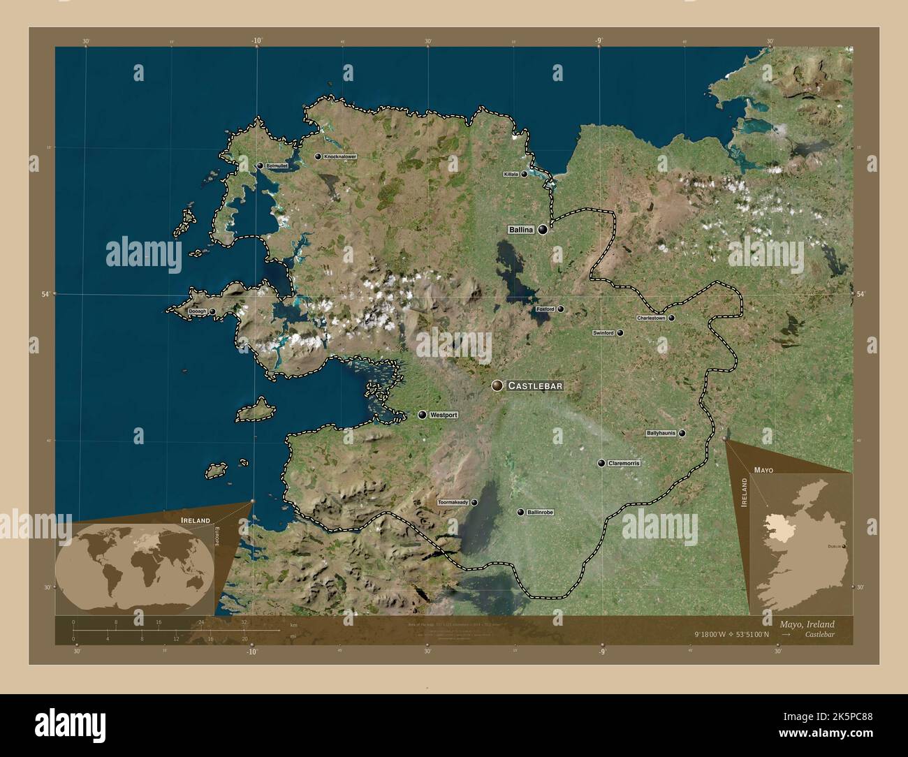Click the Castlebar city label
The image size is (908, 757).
[x=534, y=385]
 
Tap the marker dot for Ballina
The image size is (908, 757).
[x=543, y=229]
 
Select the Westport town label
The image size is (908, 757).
[x=444, y=415]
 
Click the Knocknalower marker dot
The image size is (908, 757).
[x=318, y=157]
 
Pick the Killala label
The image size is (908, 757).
[x=510, y=175]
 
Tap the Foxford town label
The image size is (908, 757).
[x=544, y=309]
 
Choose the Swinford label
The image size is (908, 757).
[x=603, y=333]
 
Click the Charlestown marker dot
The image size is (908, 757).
[x=671, y=318]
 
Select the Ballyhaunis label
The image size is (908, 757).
[x=661, y=433]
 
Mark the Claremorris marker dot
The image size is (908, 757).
[x=601, y=463]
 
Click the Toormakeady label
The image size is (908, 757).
[x=453, y=502]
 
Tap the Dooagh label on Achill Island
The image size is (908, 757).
[x=196, y=312]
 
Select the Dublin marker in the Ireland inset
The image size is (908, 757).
[x=844, y=545]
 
